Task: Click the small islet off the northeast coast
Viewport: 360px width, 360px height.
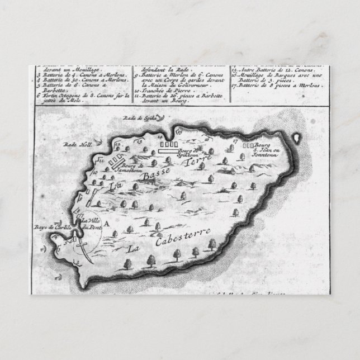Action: coord(297,135)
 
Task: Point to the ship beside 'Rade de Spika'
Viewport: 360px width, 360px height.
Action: coord(161,117)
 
